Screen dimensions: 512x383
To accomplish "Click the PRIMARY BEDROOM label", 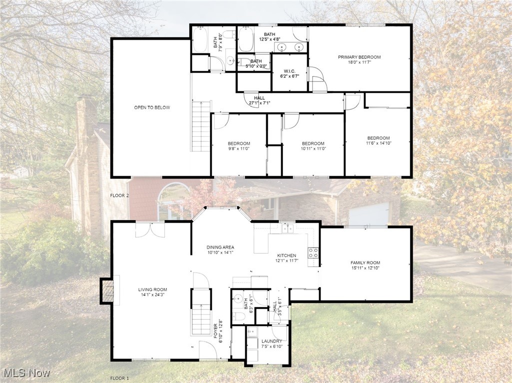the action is click(x=359, y=57).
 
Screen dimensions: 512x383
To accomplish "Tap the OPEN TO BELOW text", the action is click(x=152, y=107).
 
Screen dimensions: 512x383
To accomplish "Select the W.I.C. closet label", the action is click(x=290, y=71).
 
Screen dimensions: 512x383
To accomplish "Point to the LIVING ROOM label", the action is click(x=152, y=289).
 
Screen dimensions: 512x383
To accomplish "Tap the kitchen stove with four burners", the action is click(x=314, y=253).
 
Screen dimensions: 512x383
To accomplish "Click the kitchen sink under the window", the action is click(x=287, y=228).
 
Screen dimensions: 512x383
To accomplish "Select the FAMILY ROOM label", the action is click(x=365, y=263).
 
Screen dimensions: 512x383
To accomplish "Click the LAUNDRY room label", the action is click(x=272, y=341).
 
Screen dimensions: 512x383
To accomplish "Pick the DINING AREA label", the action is click(x=220, y=247).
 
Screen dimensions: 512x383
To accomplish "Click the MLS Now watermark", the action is click(x=27, y=373).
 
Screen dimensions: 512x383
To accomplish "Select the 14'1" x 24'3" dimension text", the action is click(x=152, y=295).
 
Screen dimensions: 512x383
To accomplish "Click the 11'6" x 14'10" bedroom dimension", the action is click(x=378, y=143).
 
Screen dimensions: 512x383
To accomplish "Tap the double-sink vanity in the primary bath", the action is click(x=290, y=47).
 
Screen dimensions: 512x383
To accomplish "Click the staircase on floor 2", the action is click(x=201, y=126).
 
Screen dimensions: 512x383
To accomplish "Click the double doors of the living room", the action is click(x=150, y=230).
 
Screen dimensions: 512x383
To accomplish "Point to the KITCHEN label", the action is click(x=287, y=255).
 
